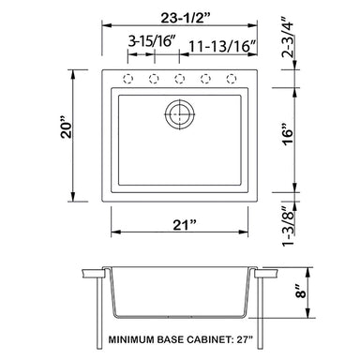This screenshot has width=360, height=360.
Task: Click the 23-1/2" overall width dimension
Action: click(x=185, y=18)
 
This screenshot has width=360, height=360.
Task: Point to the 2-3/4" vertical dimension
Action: click(x=288, y=37)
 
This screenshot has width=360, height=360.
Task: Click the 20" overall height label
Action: click(x=67, y=127)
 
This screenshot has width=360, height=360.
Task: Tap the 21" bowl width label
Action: click(x=185, y=225)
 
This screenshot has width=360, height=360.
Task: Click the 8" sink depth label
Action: click(x=302, y=291)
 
